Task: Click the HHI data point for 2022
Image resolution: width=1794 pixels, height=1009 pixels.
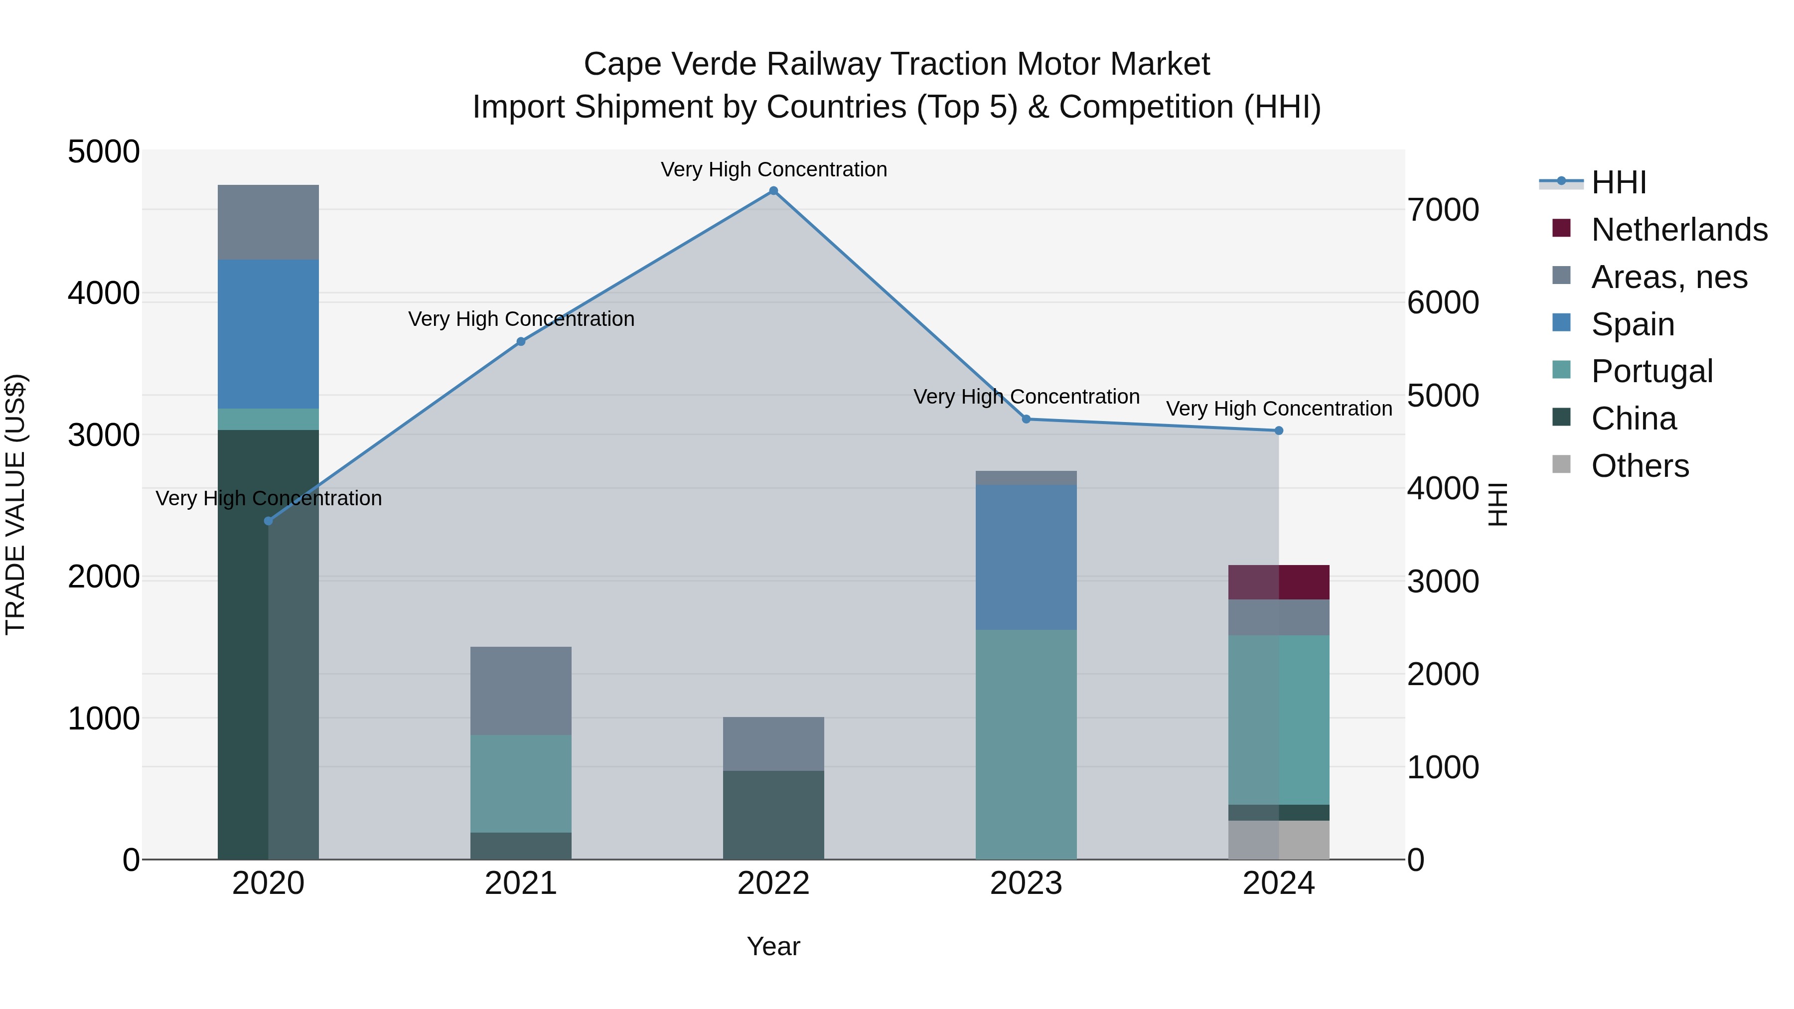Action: pyautogui.click(x=773, y=191)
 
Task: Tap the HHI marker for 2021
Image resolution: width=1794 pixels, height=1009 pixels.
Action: pyautogui.click(x=521, y=341)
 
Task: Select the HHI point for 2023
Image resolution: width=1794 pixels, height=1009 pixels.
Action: pyautogui.click(x=1026, y=419)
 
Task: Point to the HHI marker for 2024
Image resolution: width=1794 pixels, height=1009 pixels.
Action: pyautogui.click(x=1279, y=431)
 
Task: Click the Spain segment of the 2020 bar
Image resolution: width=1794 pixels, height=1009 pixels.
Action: pyautogui.click(x=268, y=334)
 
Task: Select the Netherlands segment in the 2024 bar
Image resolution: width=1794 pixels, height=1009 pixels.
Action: pyautogui.click(x=1279, y=582)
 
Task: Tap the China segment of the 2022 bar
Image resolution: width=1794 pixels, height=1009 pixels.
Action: pyautogui.click(x=773, y=815)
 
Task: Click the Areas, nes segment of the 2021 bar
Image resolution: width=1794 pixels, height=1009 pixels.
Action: pyautogui.click(x=521, y=691)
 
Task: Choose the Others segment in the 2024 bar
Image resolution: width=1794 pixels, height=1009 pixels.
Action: pyautogui.click(x=1279, y=840)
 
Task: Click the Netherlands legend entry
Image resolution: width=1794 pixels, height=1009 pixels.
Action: pyautogui.click(x=1678, y=230)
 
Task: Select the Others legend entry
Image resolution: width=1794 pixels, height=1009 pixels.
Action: pyautogui.click(x=1640, y=466)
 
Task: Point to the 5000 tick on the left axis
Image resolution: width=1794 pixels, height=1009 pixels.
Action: pyautogui.click(x=103, y=152)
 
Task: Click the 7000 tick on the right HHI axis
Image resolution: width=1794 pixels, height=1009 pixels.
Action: pyautogui.click(x=1443, y=210)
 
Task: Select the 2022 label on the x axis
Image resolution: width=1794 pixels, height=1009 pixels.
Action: pyautogui.click(x=773, y=883)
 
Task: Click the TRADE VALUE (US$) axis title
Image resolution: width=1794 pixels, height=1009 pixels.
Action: pyautogui.click(x=15, y=504)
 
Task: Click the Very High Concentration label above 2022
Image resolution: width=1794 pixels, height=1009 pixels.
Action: pyautogui.click(x=773, y=170)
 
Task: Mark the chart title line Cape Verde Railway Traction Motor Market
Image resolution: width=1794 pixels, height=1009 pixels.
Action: pyautogui.click(x=897, y=64)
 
